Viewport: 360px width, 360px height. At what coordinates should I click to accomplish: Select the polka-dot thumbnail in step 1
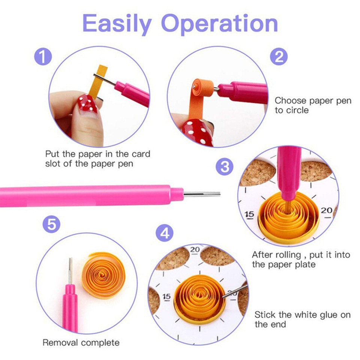click(87, 104)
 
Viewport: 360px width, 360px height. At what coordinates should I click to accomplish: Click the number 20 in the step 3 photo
click(326, 210)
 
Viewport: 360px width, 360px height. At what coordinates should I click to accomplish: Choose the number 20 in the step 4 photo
click(195, 249)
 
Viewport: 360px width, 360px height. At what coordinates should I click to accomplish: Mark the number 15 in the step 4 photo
click(166, 297)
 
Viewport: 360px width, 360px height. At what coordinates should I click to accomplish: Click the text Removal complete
click(81, 342)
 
